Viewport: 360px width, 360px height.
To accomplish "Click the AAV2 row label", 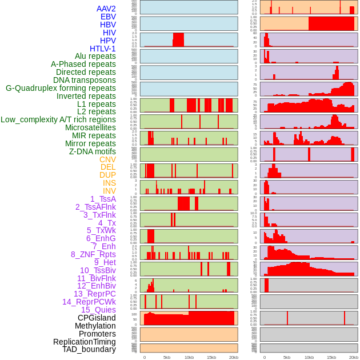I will pos(106,9).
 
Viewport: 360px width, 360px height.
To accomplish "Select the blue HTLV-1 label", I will pos(102,49).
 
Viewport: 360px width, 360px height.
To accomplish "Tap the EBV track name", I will pos(108,17).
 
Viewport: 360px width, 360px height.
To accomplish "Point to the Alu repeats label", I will pos(95,56).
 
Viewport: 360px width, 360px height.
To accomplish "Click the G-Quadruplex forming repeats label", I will pos(61,88).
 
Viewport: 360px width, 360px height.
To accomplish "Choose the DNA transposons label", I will pos(84,80).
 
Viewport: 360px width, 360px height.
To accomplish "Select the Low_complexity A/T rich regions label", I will pos(58,119).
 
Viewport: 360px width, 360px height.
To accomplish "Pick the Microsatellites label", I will pos(90,127).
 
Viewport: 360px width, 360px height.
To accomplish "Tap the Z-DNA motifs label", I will pos(92,151).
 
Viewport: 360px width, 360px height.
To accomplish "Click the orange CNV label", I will pos(107,159).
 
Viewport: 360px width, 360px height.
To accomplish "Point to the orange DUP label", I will pos(107,175).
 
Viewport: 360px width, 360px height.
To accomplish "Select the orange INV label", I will pos(109,191).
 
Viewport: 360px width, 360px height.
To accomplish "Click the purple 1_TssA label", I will pos(103,199).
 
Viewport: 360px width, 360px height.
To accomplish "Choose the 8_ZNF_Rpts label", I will pos(93,254).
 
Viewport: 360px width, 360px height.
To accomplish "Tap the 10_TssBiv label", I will pos(98,270).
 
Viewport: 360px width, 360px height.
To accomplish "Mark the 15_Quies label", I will pos(98,310).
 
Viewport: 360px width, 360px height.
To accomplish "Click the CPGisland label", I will pos(97,318).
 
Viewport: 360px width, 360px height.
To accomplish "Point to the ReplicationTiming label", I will pos(84,342).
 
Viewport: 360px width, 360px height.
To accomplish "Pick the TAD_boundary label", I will pos(89,349).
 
